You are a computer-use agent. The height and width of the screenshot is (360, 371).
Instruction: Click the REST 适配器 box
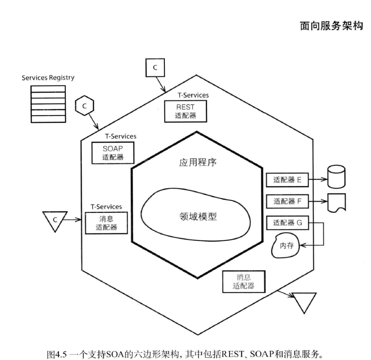point(185,111)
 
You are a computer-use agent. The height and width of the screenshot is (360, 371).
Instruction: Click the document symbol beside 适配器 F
point(336,202)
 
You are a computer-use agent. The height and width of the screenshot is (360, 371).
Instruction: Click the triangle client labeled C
point(54,220)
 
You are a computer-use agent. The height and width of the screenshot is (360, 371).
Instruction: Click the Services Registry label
point(48,78)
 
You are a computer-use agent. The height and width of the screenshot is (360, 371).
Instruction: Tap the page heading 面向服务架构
point(331,26)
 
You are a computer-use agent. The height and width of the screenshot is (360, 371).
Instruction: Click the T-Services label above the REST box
point(194,95)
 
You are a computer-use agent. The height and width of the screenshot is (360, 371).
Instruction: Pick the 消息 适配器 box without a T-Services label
point(244,281)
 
